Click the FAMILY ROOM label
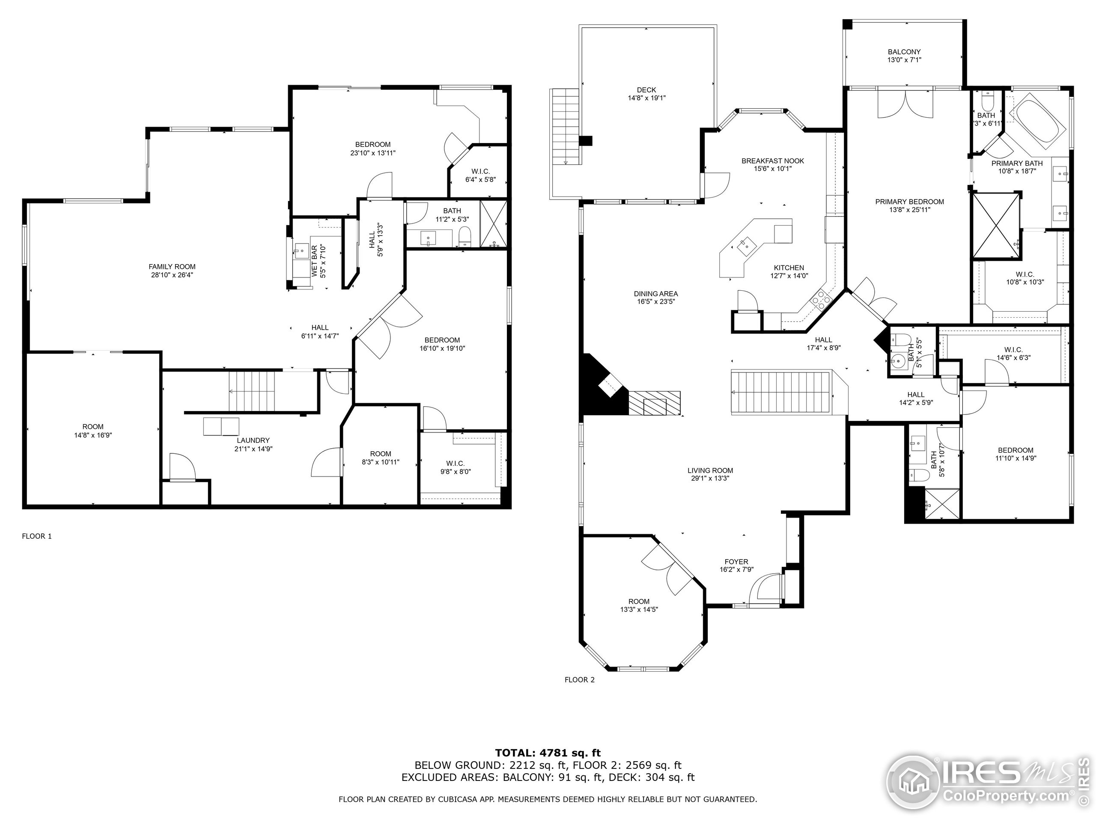point(172,267)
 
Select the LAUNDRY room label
point(253,440)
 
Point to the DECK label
point(646,89)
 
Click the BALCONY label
point(904,51)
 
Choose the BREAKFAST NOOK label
point(773,161)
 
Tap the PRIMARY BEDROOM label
point(910,202)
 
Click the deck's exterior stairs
point(565,127)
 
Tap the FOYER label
point(736,562)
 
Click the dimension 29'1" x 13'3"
point(711,478)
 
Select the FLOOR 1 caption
point(37,536)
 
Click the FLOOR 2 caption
point(580,680)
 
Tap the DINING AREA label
point(655,294)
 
